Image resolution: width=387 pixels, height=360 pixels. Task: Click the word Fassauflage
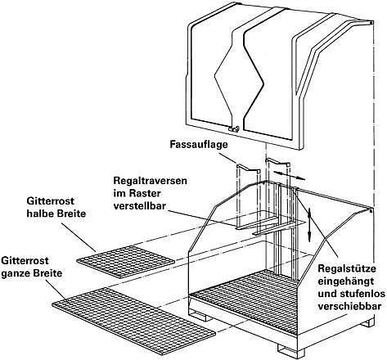click(x=199, y=145)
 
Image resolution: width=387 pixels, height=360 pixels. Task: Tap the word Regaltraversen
click(x=151, y=181)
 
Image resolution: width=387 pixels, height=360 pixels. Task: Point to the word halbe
click(x=40, y=214)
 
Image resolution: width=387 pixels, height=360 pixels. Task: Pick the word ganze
click(x=16, y=273)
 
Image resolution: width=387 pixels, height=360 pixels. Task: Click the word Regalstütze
click(x=347, y=268)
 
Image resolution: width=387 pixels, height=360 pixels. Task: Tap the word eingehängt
click(x=346, y=281)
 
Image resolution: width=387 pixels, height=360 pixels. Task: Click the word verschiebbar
click(x=349, y=307)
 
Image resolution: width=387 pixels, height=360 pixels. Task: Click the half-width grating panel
click(x=126, y=261)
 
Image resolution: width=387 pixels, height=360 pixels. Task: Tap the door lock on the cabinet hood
click(x=234, y=128)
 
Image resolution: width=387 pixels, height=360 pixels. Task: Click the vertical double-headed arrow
click(x=309, y=224)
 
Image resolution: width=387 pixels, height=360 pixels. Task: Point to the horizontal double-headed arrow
click(x=289, y=175)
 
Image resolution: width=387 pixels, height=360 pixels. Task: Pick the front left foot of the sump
click(x=202, y=316)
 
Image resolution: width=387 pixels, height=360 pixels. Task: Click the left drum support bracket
click(x=248, y=169)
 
